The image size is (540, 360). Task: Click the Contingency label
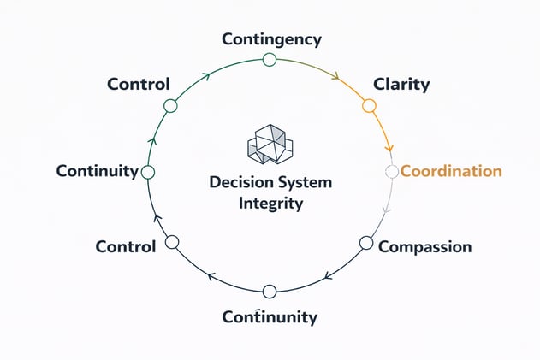tap(271, 39)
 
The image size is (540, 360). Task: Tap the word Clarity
tap(401, 85)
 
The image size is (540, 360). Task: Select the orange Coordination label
tap(451, 171)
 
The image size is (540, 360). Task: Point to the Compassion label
tap(424, 247)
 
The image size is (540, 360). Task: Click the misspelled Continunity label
tap(270, 317)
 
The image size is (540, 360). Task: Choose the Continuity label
tap(97, 171)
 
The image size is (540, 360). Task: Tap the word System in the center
tap(306, 184)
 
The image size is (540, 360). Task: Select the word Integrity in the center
tap(271, 204)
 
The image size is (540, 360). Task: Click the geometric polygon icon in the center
tap(270, 145)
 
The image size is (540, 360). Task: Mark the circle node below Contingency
tap(270, 59)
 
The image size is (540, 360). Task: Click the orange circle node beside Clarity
tap(369, 106)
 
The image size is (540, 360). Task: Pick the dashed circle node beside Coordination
tap(391, 172)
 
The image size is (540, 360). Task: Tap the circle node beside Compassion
tap(366, 243)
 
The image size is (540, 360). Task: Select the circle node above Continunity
tap(270, 292)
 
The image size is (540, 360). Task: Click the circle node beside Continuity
tap(147, 172)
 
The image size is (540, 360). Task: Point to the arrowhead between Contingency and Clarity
tap(335, 76)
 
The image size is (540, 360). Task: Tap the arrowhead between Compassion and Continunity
tap(327, 276)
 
